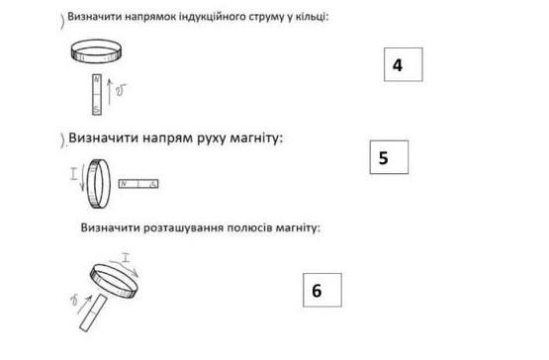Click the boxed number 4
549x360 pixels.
398,65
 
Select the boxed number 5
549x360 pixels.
384,158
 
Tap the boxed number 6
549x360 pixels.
317,291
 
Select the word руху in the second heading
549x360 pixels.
212,138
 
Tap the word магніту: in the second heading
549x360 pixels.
256,138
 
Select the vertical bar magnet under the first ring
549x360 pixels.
97,95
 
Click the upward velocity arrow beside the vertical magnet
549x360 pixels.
110,92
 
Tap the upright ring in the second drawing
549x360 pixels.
89,184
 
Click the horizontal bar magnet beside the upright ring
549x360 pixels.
138,184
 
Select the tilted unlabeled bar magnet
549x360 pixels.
93,313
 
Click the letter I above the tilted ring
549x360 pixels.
126,257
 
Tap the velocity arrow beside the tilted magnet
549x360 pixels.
84,305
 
